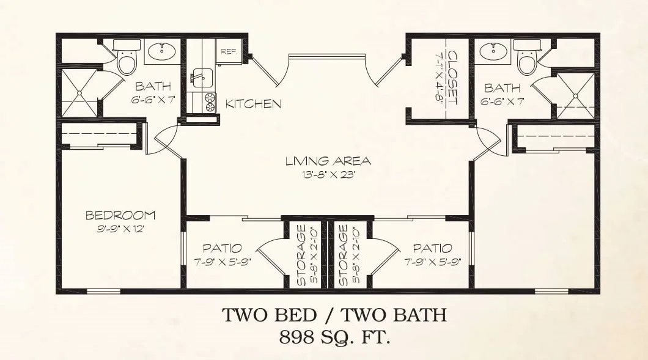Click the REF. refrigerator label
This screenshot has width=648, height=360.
pyautogui.click(x=229, y=52)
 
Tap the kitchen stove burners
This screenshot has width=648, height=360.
pyautogui.click(x=210, y=103)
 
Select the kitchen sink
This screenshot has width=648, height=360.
pyautogui.click(x=201, y=78)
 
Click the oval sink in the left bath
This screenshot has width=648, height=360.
pyautogui.click(x=161, y=51)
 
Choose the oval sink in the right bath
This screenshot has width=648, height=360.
pyautogui.click(x=493, y=52)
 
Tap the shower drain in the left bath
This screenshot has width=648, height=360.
pyautogui.click(x=79, y=92)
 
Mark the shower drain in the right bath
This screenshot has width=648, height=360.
pyautogui.click(x=575, y=96)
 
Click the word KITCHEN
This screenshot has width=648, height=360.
pyautogui.click(x=254, y=104)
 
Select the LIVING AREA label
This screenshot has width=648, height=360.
pyautogui.click(x=328, y=161)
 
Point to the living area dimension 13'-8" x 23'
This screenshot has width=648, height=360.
pyautogui.click(x=329, y=174)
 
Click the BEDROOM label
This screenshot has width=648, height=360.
pyautogui.click(x=120, y=215)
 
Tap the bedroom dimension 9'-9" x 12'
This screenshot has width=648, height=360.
pyautogui.click(x=120, y=229)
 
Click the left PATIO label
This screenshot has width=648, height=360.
pyautogui.click(x=223, y=248)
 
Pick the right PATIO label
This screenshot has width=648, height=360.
pyautogui.click(x=433, y=248)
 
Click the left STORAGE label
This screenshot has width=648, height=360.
pyautogui.click(x=301, y=255)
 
